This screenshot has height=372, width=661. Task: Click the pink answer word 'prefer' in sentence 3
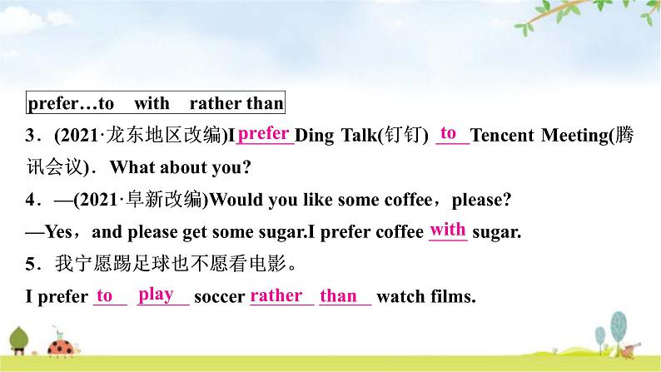pos(263,134)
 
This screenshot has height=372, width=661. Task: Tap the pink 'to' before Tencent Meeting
pos(448,133)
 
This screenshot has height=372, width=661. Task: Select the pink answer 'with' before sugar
pos(448,230)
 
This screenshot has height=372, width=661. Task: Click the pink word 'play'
pos(156,295)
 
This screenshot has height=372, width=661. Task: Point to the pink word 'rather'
pos(276,295)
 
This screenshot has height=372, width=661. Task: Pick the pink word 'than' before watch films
pos(338,295)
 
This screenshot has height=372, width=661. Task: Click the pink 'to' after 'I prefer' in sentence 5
pos(105,295)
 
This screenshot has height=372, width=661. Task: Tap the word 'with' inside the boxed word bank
pos(152,103)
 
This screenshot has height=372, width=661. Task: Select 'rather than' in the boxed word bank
pos(236,103)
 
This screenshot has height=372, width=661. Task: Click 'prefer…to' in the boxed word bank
pos(71,104)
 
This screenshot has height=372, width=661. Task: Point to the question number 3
pos(30,136)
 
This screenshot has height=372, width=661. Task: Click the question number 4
pos(30,200)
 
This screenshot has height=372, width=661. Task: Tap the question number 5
pos(30,264)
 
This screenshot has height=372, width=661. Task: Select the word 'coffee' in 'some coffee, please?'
pos(408,200)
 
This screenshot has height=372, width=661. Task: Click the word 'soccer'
pos(219,297)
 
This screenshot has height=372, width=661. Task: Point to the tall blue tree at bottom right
pos(619,331)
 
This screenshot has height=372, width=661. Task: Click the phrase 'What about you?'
pos(181,167)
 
